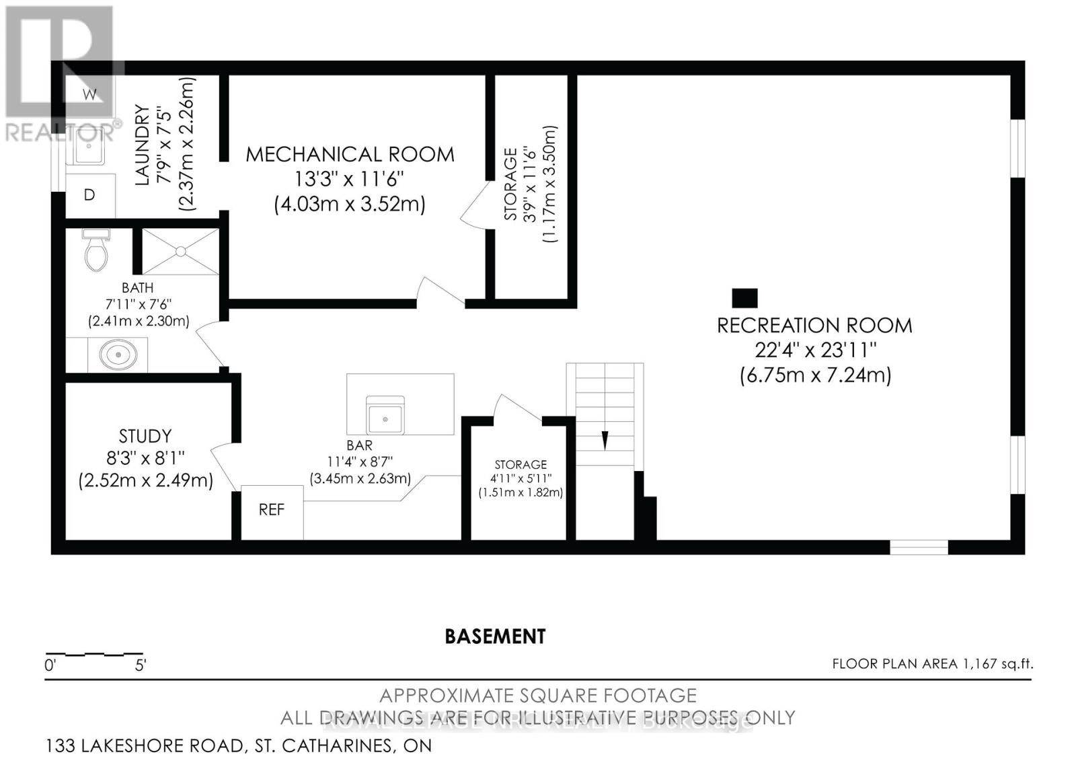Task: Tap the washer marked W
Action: [89, 94]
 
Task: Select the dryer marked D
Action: [89, 195]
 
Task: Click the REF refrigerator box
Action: [272, 511]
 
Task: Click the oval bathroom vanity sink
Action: [118, 355]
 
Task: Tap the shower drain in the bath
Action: [180, 251]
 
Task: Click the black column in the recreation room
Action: [744, 297]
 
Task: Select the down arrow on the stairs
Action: [605, 440]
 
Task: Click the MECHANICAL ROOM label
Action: [350, 155]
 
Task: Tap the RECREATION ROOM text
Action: [814, 326]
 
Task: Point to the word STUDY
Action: [145, 436]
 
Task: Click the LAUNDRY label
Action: [142, 145]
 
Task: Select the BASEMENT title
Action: [495, 637]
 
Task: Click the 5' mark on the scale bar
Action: [141, 666]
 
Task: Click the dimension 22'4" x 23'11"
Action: [815, 351]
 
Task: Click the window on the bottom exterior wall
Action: [919, 547]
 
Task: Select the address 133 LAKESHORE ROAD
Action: [144, 746]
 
